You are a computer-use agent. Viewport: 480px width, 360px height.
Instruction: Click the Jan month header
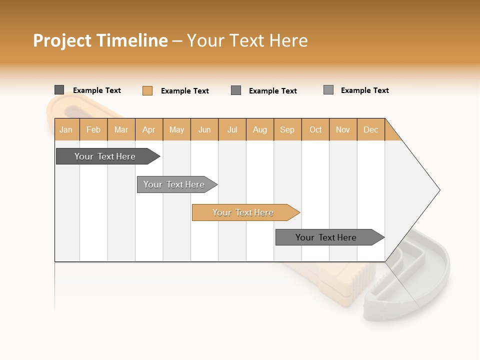(66, 129)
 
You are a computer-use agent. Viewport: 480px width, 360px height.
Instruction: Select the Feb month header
(93, 129)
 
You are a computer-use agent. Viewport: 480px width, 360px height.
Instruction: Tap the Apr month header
(149, 129)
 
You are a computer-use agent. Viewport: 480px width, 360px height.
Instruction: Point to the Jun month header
(204, 129)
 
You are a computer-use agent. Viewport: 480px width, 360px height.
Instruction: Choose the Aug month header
(260, 129)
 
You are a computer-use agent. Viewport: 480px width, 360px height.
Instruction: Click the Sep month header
(287, 129)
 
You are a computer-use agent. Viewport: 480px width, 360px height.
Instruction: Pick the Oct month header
(315, 129)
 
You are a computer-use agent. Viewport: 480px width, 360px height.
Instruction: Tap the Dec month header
(371, 129)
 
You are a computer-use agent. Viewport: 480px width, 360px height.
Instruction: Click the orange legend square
(147, 90)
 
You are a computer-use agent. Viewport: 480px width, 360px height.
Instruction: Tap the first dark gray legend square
(59, 90)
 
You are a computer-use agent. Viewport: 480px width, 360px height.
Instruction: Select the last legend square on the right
(328, 90)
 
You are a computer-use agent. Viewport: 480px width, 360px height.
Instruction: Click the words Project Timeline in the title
(100, 40)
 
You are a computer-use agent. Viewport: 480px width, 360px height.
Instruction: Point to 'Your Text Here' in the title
(247, 40)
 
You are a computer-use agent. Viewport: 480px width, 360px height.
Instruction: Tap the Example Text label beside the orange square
(185, 91)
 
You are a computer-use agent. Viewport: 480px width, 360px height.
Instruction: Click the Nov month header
(343, 129)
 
